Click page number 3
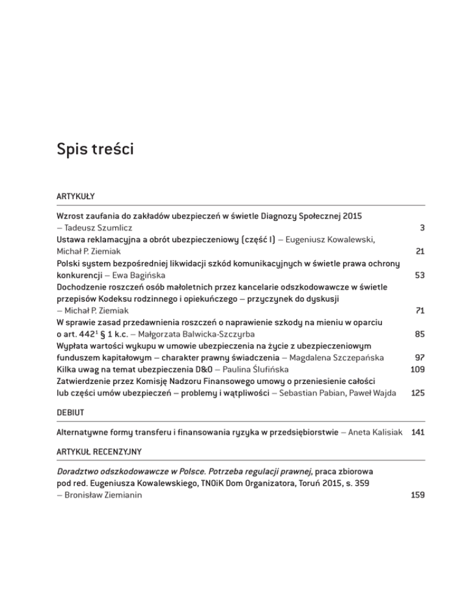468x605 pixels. click(421, 228)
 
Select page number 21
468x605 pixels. click(418, 251)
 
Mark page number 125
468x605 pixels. click(417, 393)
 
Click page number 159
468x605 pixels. click(417, 496)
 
